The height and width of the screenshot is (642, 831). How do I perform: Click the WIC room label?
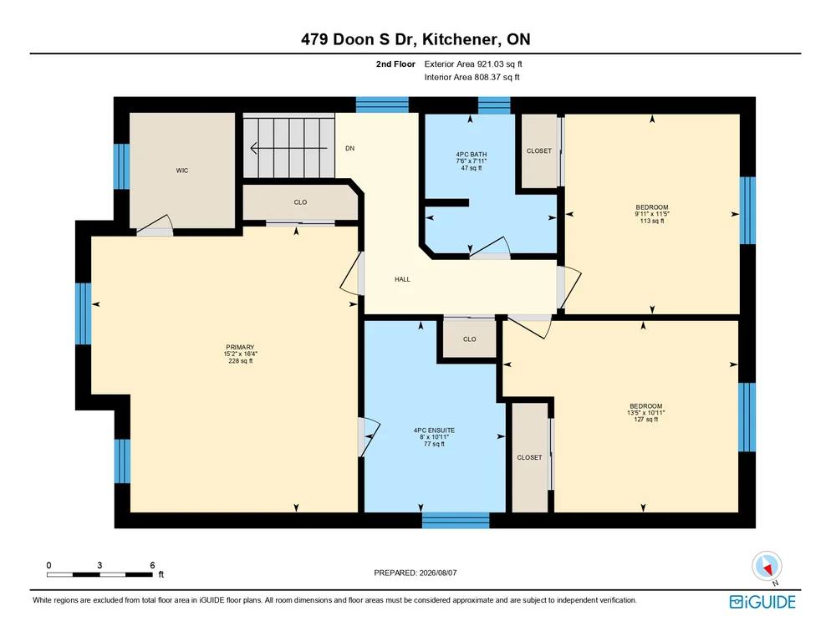(181, 171)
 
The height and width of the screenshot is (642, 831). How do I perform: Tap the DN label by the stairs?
(349, 149)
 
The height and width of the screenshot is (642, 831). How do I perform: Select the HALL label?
(402, 279)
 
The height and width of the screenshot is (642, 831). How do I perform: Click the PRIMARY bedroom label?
(240, 347)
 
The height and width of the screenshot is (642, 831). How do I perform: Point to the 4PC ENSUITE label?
(434, 431)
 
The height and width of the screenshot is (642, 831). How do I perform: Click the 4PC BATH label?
(472, 155)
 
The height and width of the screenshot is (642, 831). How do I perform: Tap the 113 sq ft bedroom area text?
(652, 221)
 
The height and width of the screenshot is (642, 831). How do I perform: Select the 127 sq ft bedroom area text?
(645, 420)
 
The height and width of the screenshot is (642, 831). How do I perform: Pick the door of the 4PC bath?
(490, 247)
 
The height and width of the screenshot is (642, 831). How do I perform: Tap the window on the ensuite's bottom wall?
(456, 520)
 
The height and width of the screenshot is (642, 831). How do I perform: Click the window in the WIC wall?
(122, 166)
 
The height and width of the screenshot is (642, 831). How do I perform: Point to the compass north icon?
(767, 567)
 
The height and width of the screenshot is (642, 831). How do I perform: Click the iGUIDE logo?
(762, 602)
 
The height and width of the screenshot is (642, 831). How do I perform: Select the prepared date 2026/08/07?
(438, 573)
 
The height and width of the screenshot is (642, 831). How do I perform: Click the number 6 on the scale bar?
(152, 565)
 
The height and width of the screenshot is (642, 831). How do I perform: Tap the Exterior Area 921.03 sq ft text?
(473, 64)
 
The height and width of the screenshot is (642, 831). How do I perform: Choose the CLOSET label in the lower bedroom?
(529, 457)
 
